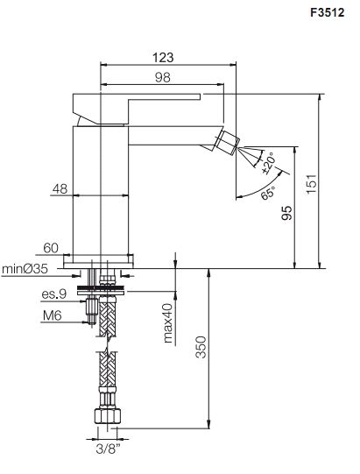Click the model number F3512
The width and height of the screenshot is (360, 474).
coord(328,12)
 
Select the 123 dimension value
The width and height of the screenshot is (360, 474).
coord(163,58)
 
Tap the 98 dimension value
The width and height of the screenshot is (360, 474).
coord(163,78)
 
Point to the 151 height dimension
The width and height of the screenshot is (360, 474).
coord(311,183)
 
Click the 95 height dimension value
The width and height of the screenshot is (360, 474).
coord(286,213)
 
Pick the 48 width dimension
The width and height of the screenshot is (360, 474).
coord(60,189)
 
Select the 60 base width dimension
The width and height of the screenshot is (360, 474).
coord(51,248)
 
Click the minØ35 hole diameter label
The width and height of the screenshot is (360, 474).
coord(25,268)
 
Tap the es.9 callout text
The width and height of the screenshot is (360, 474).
coord(53,294)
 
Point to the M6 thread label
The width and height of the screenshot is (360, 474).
coord(52,315)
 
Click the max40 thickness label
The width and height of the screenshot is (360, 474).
coord(168,323)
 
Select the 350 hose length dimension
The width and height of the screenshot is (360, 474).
coord(201,347)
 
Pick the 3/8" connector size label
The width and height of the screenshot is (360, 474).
coord(108,449)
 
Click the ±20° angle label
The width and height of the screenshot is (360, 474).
coord(268,163)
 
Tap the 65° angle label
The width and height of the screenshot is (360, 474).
coord(268,193)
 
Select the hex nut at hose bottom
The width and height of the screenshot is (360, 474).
coord(108,416)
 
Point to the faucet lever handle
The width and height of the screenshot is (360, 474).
coord(136,109)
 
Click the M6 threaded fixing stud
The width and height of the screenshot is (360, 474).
coord(92,311)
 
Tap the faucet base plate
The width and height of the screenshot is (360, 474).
coord(98,261)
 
